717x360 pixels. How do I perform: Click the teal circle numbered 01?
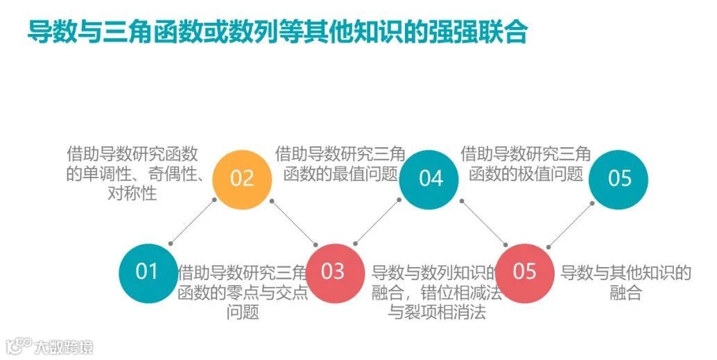coord(147,271)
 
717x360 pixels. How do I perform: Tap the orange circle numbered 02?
coord(242,178)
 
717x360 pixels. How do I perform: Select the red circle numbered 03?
coord(334,271)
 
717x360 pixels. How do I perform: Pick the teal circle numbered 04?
coord(430,178)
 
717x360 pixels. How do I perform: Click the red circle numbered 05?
coord(525,271)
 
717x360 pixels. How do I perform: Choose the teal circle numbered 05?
coord(619,178)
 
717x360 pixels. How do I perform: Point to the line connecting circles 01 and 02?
coord(193,221)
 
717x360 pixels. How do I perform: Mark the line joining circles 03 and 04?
coord(378,221)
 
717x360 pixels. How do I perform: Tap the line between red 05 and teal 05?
coord(569,223)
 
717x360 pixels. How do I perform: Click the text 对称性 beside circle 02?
coord(132,193)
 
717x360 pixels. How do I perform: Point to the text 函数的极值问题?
coord(526,173)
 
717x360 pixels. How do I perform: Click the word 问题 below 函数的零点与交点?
coord(243,312)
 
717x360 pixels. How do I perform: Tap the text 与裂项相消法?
coord(437,312)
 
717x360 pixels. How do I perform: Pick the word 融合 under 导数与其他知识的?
coord(625,293)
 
